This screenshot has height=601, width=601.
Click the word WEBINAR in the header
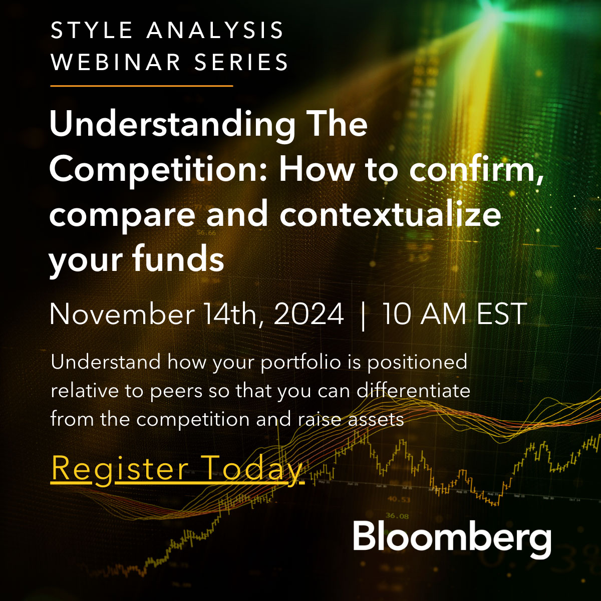click(x=115, y=62)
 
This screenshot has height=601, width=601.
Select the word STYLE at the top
click(x=91, y=30)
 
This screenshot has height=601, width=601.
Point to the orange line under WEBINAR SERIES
click(x=142, y=86)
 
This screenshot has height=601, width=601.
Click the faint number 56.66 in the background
click(x=206, y=233)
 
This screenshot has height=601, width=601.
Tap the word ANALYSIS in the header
click(x=215, y=30)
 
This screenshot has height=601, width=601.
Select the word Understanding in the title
click(x=172, y=125)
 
